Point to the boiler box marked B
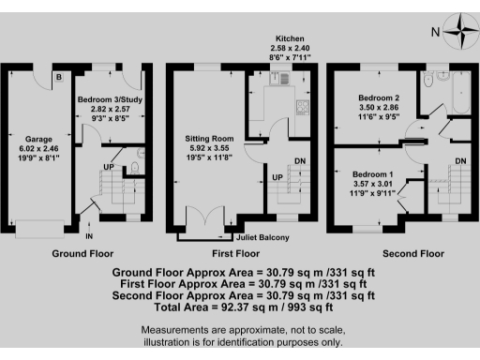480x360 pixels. coord(57,76)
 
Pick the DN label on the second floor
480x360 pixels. coord(460,162)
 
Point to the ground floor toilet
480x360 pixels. coord(136,167)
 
